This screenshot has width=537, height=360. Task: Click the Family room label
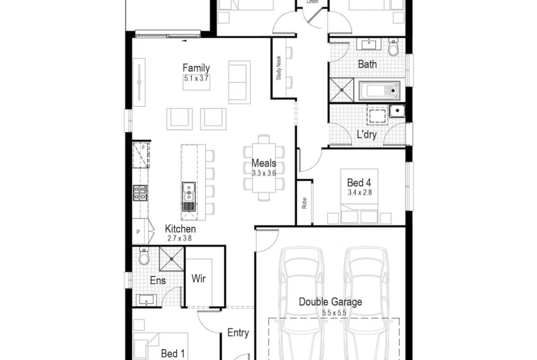(196, 68)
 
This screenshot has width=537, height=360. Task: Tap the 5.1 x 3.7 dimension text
(196, 78)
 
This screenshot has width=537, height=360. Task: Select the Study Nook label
(279, 68)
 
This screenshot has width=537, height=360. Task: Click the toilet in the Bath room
(393, 48)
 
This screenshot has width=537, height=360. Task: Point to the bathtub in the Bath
(380, 91)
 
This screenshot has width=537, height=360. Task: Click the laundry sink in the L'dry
(397, 111)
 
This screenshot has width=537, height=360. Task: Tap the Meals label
(264, 163)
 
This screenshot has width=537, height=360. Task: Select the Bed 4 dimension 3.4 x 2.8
(359, 193)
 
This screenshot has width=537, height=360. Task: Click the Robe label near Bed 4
(304, 203)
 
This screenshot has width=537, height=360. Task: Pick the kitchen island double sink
(188, 191)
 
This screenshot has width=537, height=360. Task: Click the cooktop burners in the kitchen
(140, 193)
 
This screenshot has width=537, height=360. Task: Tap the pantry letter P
(138, 232)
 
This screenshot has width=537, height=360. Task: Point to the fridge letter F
(144, 148)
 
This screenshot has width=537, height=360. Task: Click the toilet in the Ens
(144, 255)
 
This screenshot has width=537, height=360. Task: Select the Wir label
(199, 278)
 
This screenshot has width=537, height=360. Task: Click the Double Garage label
(330, 302)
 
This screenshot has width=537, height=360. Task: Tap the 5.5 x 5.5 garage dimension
(334, 313)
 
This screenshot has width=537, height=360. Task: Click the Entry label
(238, 332)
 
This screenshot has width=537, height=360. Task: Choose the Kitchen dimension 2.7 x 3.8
(179, 238)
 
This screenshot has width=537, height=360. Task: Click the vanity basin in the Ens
(146, 300)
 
